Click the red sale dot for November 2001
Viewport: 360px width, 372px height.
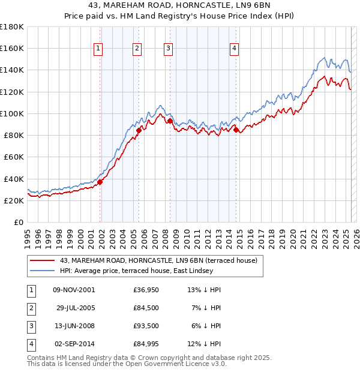[100, 182]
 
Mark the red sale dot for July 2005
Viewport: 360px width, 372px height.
[139, 130]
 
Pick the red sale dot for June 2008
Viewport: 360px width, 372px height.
[170, 121]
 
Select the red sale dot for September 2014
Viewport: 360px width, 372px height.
[236, 130]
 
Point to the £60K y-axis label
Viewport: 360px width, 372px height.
[13, 157]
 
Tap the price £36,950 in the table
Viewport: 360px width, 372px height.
[146, 290]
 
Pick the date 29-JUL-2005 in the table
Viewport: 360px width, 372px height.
[76, 308]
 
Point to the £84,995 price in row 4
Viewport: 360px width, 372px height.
[146, 344]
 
